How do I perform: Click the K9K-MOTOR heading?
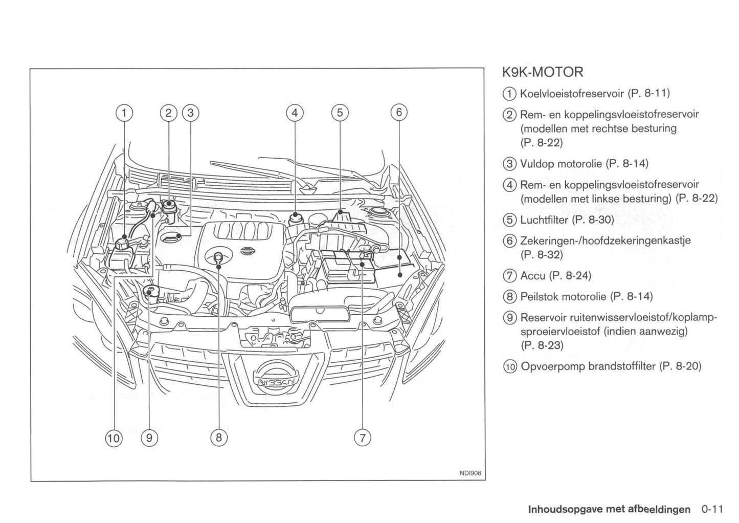click(x=542, y=72)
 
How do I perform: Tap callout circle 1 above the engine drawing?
click(x=124, y=113)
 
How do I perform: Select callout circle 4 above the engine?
click(x=295, y=113)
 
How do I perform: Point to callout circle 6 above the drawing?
click(x=398, y=113)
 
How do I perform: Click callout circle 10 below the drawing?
click(x=114, y=438)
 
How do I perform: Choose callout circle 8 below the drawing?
click(x=218, y=438)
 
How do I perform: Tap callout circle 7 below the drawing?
click(x=362, y=438)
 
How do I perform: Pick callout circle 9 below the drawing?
click(x=149, y=438)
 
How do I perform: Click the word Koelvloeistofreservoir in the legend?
click(x=572, y=93)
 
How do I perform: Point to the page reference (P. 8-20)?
click(x=680, y=366)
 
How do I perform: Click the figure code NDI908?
click(x=471, y=473)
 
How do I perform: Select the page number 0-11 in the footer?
click(x=712, y=509)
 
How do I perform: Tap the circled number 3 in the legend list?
click(x=509, y=164)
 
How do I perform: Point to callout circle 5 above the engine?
click(x=340, y=113)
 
